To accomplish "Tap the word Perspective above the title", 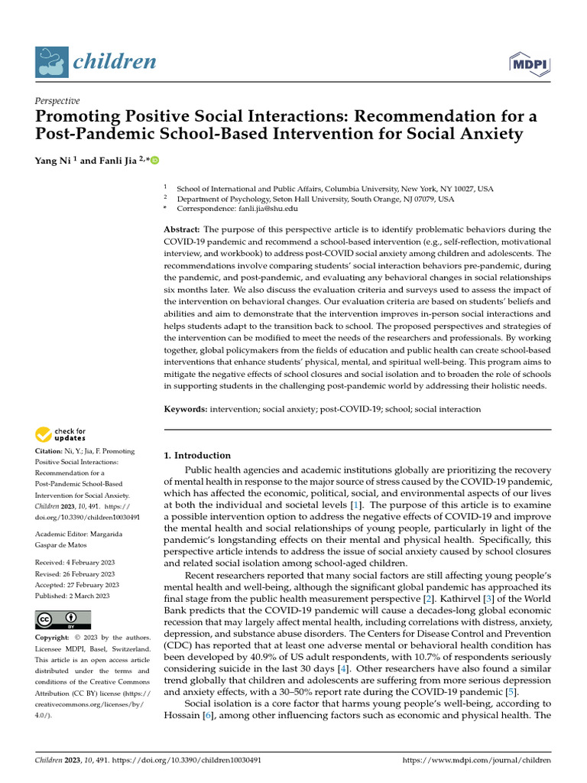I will (x=57, y=100).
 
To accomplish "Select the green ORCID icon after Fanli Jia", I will (x=155, y=161).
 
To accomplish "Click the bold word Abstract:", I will (x=182, y=229).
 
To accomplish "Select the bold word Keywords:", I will (x=186, y=409).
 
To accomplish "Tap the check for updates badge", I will (x=60, y=435).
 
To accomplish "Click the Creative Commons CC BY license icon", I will (x=63, y=619).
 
